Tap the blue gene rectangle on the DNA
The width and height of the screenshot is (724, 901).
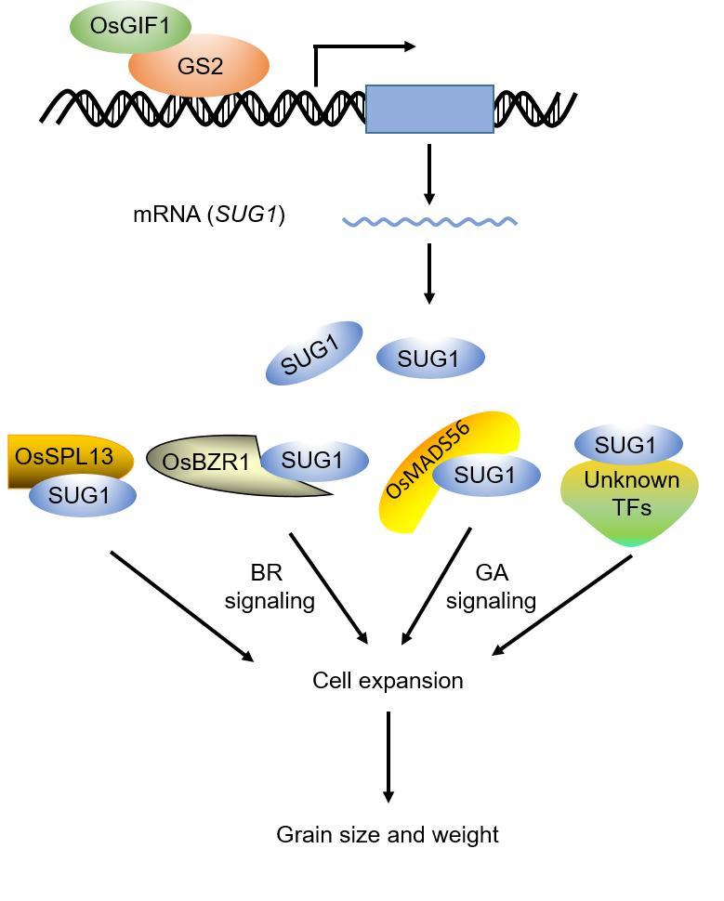point(429,109)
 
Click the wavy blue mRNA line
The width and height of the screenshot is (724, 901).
point(429,222)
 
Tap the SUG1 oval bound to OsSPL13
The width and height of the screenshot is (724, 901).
point(82,496)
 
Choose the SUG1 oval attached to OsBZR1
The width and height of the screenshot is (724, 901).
point(313,460)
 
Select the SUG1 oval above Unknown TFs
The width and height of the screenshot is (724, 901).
point(628,445)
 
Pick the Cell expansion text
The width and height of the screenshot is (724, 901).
point(388,681)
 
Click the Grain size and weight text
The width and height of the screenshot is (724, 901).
point(388,834)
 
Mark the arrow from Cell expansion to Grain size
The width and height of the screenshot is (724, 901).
point(388,757)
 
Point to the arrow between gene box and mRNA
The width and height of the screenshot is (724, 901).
point(428,174)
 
